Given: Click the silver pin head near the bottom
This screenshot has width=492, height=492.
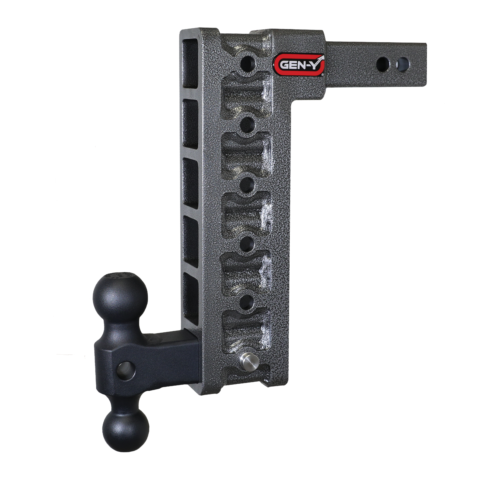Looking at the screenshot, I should (x=247, y=361).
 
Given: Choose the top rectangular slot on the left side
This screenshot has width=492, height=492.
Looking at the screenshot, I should (x=190, y=64).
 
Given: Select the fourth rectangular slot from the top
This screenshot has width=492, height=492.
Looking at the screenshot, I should (x=190, y=241).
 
